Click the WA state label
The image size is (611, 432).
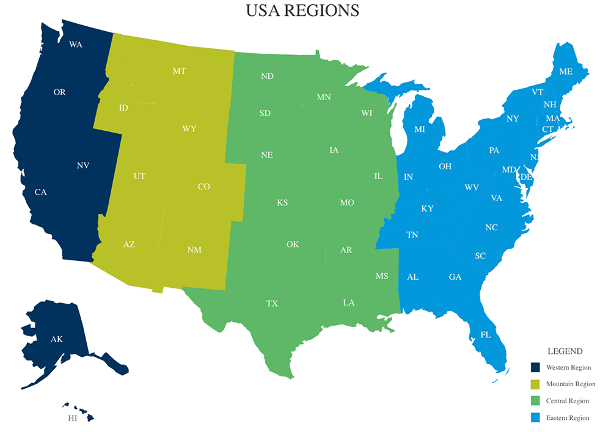[76, 45]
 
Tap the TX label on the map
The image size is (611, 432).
[272, 304]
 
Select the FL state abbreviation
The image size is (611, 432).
[486, 335]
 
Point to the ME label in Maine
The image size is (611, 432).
[566, 71]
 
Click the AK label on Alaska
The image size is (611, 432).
[57, 339]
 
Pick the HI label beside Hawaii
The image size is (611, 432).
[73, 419]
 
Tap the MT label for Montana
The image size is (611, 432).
[179, 71]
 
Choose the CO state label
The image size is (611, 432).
[204, 187]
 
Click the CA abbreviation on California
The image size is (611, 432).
[40, 192]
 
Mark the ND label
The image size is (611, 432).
[267, 76]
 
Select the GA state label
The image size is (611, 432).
[455, 277]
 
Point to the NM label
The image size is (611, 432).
[194, 250]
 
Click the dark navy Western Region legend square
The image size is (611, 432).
[535, 367]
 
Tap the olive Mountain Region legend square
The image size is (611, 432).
[535, 384]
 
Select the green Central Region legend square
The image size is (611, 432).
[535, 401]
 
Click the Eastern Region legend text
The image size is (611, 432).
[568, 419]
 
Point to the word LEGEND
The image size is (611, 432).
[565, 351]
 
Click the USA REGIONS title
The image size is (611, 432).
[302, 11]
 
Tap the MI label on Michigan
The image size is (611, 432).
[419, 130]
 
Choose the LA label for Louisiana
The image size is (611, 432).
[348, 302]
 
